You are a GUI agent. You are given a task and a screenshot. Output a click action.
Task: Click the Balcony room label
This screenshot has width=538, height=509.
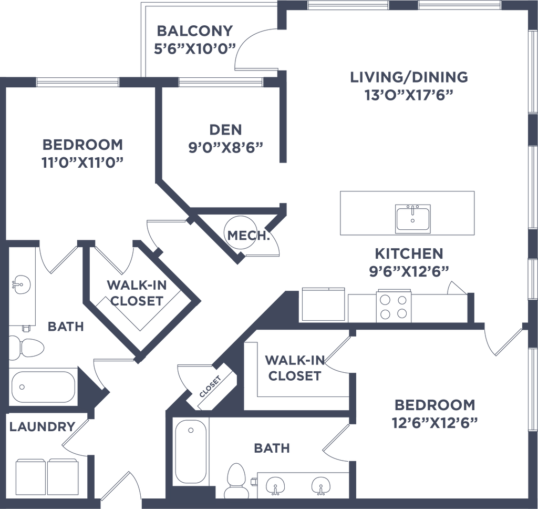(194, 31)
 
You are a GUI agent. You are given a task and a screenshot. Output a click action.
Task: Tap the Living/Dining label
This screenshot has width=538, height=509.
(408, 77)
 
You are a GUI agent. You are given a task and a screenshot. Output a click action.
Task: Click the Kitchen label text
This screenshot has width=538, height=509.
(409, 254)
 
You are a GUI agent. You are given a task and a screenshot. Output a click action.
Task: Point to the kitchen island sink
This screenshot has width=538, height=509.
(414, 217)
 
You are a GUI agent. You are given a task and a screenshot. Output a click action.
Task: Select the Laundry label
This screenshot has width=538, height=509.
(42, 426)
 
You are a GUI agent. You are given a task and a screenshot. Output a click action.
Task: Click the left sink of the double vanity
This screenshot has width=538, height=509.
(274, 484)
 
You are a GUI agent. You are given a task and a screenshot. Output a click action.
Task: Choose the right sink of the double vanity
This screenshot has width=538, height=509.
(319, 484)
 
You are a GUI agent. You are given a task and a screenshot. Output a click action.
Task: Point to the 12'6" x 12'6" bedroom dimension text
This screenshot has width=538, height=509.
(434, 422)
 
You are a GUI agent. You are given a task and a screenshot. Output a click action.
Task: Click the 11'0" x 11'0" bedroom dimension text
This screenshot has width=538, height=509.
(82, 162)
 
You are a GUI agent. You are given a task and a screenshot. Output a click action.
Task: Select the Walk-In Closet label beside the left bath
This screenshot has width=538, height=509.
(134, 293)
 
